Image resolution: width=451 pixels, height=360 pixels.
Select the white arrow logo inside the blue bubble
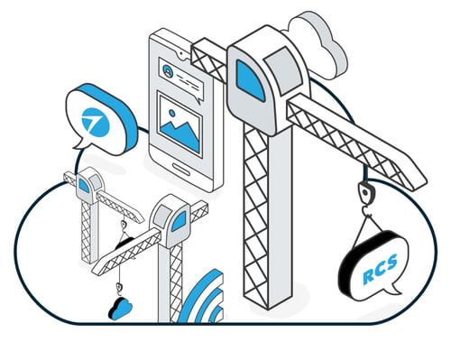(x=93, y=118)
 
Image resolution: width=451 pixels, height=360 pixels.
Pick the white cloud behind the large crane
(x=322, y=41)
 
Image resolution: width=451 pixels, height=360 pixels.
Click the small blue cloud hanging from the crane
(x=119, y=309)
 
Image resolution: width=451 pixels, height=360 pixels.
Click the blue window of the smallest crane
(x=84, y=186)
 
